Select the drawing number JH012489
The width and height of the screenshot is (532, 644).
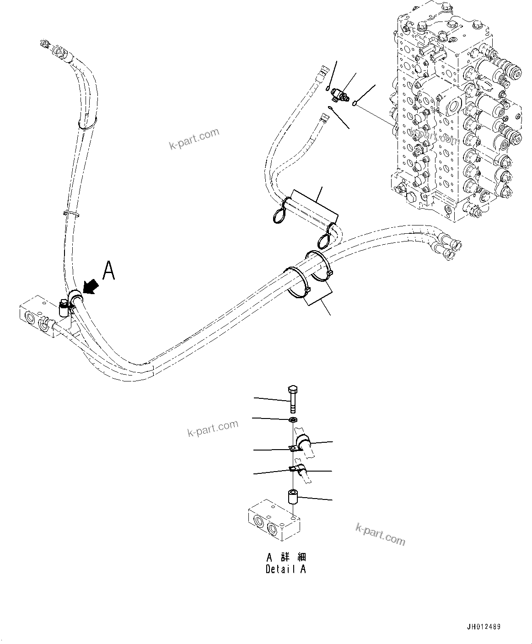pos(483,627)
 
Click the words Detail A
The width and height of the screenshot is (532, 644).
pos(286,569)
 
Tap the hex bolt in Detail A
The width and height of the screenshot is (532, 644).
pos(292,398)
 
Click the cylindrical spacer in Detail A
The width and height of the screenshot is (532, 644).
pos(292,497)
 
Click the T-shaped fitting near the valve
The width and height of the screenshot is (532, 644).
pos(340,95)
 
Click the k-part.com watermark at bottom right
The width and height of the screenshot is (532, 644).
pos(380,534)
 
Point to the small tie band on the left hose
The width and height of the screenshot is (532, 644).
pos(71,213)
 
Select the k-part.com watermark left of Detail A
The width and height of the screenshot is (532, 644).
pos(213,428)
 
